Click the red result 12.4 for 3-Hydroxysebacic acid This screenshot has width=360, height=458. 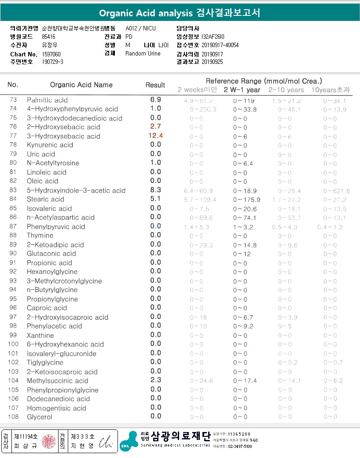click(x=156, y=136)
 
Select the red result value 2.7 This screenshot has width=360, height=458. click(x=156, y=127)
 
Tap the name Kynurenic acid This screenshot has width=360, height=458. click(x=50, y=145)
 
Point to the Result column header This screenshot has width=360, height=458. click(x=155, y=85)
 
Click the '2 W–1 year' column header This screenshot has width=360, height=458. click(x=242, y=90)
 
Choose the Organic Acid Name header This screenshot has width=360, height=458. click(x=81, y=85)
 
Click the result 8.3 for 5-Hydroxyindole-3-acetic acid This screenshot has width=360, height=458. click(x=156, y=190)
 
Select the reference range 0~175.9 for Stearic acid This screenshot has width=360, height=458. click(x=246, y=199)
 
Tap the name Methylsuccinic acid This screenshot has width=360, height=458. click(x=58, y=380)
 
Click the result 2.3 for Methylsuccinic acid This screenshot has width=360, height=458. click(x=156, y=380)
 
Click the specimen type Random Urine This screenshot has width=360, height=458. click(x=143, y=54)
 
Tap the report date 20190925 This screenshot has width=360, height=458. click(x=212, y=62)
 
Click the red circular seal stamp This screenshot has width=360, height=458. click(x=49, y=441)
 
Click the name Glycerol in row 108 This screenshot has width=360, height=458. click(x=40, y=417)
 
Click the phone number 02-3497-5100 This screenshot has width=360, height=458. click(x=239, y=446)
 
